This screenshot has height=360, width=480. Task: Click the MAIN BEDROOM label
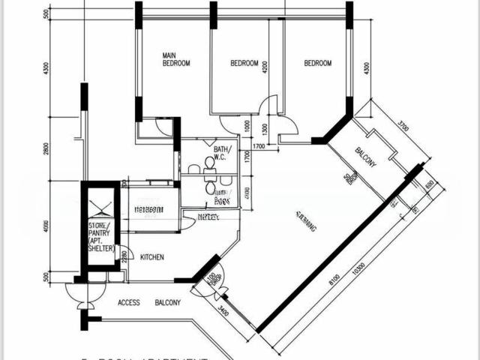[x=176, y=60]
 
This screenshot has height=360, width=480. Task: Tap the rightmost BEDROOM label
[x=317, y=64]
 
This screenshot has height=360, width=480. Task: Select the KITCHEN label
[x=152, y=257]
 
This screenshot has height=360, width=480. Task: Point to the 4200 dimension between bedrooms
[x=265, y=70]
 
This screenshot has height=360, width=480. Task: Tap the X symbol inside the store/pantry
[x=100, y=202]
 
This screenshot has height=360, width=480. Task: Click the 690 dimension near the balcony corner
[x=429, y=184]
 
